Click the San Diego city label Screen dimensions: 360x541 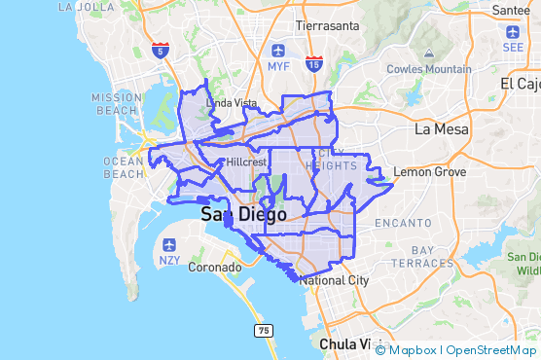pos(243,215)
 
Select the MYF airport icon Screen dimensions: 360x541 pos(279,50)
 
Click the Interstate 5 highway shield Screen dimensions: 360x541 pos(160,51)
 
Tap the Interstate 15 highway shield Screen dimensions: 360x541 pos(313,64)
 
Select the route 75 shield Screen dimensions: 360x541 pos(263,331)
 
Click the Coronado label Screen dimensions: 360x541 pos(214,267)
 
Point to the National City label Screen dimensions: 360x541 pos(335,280)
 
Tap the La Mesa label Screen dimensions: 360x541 pos(441,128)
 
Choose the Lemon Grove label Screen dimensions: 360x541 pos(429,172)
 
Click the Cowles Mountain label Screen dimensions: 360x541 pos(429,69)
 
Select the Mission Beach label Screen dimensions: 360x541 pos(117,104)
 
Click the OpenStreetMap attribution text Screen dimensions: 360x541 pos(490,349)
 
